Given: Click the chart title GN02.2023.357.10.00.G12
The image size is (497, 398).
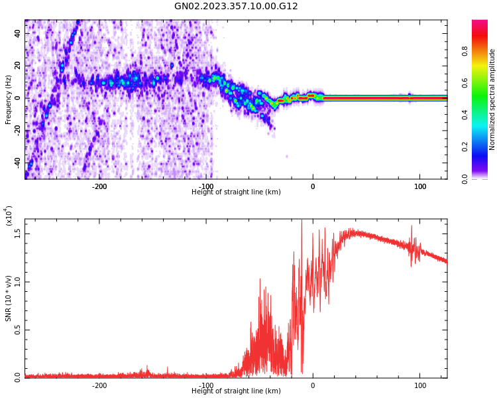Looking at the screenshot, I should [236, 7].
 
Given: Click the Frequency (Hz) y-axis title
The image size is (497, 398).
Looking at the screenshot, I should [9, 99].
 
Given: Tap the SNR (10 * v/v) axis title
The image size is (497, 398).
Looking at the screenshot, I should [9, 298].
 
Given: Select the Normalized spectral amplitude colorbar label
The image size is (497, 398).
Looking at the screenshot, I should [492, 99].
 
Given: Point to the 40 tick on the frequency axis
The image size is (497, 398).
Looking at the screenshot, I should [17, 33].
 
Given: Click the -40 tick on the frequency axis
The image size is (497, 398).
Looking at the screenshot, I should [16, 163].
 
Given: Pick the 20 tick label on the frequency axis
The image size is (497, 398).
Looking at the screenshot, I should [17, 66].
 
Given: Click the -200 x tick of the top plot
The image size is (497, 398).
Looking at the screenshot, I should [99, 186].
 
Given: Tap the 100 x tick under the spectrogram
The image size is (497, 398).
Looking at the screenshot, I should [420, 186].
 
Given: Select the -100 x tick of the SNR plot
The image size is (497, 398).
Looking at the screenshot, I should [206, 385].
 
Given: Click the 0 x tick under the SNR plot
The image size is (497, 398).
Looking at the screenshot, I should [313, 385].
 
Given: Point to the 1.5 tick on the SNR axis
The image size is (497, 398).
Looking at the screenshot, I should [17, 233].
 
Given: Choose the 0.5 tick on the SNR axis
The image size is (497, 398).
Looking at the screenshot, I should [17, 330].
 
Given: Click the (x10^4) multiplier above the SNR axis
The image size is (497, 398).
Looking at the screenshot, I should [9, 216].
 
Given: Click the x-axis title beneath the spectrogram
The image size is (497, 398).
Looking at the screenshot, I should [236, 192].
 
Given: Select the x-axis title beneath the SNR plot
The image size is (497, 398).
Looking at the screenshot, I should [236, 391].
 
